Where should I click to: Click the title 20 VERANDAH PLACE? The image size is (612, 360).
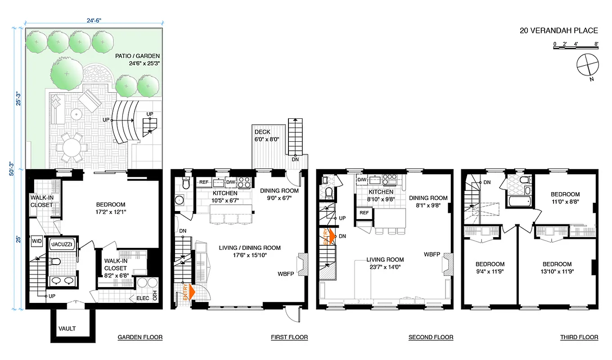click(x=558, y=31)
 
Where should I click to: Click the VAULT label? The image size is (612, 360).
click(x=67, y=328)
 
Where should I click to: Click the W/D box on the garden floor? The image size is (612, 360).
click(x=36, y=241)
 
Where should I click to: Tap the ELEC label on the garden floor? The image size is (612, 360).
click(x=137, y=297)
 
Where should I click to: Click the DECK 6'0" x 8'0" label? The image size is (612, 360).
click(x=267, y=135)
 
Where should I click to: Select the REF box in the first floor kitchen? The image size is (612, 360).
click(x=203, y=182)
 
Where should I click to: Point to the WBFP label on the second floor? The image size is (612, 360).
click(x=432, y=254)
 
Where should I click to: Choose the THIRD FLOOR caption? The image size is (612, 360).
click(x=579, y=337)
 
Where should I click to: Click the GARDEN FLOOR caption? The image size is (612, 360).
click(x=140, y=337)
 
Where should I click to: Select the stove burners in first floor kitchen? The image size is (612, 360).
click(x=244, y=182)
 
